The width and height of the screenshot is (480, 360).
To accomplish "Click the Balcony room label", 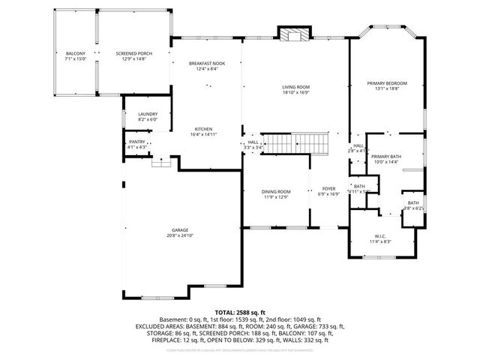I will pos(75,53).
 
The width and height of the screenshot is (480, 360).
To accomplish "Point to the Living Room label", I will pos(295,87).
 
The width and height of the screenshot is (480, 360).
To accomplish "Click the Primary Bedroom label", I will pos(386,82).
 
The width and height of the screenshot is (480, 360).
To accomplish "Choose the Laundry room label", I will pos(147,114).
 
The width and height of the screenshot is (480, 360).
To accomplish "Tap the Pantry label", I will pos(136,141).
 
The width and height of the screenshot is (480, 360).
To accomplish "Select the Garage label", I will pos(179,229).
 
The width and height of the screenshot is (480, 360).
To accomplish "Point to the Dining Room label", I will pos(275,192).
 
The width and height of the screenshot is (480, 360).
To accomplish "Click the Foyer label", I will pos(328,189).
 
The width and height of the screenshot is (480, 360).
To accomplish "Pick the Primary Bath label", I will pos(385,156).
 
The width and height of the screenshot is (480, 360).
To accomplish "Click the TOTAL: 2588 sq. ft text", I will pos(240,312).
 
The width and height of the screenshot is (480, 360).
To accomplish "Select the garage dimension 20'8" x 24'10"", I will pos(179,235).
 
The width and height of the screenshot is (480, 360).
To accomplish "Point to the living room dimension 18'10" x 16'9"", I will pos(295,93).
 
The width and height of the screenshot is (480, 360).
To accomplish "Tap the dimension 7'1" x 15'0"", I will pos(75,59).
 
